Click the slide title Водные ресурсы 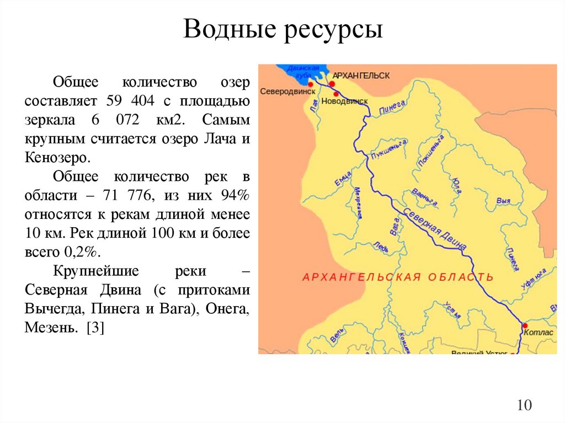pyautogui.click(x=282, y=29)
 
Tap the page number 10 pyautogui.click(x=524, y=405)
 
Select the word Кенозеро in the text pyautogui.click(x=55, y=158)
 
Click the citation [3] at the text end pyautogui.click(x=95, y=328)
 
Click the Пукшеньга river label pyautogui.click(x=390, y=149)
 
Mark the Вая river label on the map pyautogui.click(x=503, y=201)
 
